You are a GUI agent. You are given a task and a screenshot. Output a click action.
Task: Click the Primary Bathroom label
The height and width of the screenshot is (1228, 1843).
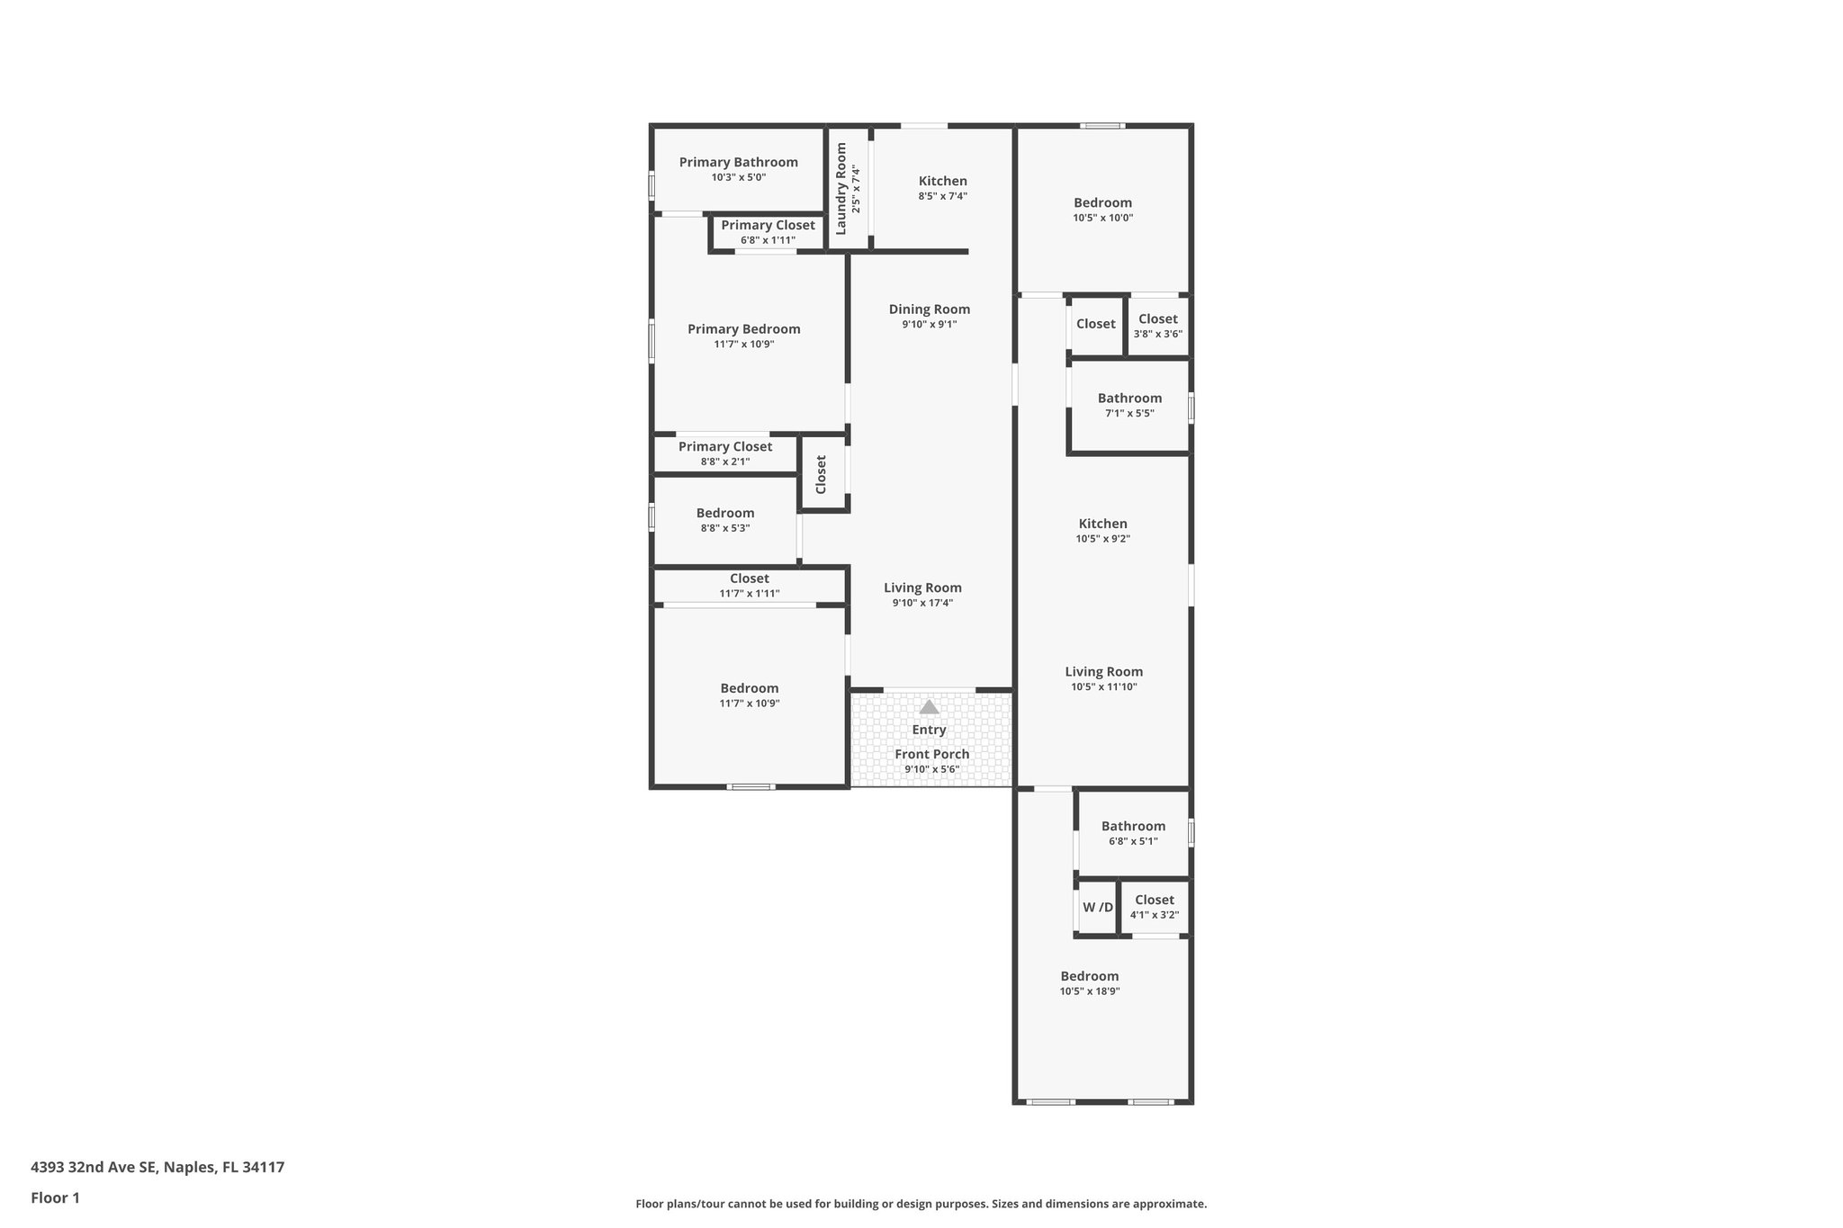(x=738, y=162)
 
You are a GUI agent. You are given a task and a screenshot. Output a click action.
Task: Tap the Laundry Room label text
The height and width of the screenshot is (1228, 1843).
(x=841, y=189)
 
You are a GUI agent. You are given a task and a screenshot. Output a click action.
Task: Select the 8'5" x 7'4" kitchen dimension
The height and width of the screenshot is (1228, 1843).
(x=942, y=196)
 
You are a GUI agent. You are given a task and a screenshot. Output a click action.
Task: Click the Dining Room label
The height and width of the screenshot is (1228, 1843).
(x=929, y=309)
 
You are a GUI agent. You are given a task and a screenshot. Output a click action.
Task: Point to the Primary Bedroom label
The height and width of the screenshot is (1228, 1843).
(x=743, y=329)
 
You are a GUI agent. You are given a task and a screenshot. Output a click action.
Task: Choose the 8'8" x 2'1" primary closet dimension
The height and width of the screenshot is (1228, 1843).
(x=724, y=462)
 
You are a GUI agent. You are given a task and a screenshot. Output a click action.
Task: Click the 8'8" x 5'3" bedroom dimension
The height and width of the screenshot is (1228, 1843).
(x=724, y=528)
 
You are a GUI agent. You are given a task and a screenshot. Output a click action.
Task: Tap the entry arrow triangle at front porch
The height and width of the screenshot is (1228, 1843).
(x=929, y=707)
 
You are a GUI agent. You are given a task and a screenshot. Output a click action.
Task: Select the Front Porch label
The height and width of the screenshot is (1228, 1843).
(x=931, y=754)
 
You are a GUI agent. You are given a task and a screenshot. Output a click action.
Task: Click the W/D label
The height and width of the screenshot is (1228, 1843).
(x=1097, y=908)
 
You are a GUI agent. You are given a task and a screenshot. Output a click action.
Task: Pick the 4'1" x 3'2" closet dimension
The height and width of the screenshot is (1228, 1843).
(x=1154, y=915)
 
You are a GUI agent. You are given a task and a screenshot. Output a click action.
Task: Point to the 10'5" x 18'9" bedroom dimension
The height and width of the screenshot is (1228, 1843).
(x=1089, y=991)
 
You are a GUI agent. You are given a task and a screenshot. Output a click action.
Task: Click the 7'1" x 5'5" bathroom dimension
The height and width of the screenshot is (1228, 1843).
(x=1129, y=414)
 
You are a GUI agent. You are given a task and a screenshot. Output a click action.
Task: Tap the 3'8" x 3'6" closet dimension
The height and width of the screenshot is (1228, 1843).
(x=1157, y=334)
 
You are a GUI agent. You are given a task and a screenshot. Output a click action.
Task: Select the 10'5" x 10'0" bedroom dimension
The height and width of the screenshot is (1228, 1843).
(x=1102, y=218)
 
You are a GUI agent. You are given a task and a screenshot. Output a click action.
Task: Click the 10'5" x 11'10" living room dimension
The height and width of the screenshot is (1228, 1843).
(x=1103, y=686)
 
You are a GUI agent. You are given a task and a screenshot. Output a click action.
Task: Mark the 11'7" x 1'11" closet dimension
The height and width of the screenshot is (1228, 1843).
(x=749, y=594)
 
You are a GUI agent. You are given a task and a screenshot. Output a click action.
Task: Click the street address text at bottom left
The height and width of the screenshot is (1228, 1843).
(x=157, y=1168)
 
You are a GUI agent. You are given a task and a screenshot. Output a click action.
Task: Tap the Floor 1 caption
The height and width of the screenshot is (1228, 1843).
(x=55, y=1198)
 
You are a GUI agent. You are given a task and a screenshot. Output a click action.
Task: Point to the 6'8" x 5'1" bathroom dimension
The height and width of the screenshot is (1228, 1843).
(x=1133, y=841)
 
